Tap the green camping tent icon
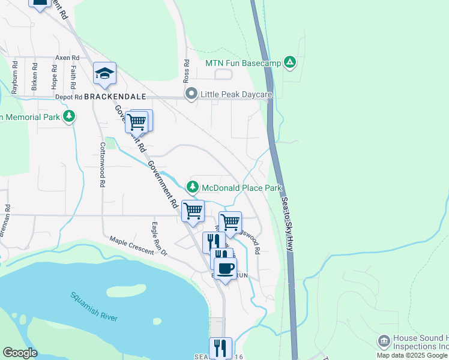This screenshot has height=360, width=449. click(290, 62)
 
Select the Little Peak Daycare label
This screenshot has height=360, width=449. click(237, 94)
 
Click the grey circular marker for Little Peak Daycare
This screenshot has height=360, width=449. click(191, 94)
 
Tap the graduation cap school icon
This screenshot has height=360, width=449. click(104, 73)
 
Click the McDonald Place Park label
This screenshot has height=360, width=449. click(241, 188)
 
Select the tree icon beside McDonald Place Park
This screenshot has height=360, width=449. click(193, 187)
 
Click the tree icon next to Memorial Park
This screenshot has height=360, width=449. click(70, 116)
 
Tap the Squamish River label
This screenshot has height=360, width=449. click(94, 306)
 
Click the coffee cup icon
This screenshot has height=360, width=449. click(225, 269)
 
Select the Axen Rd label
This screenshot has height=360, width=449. click(67, 58)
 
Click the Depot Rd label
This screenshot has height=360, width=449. click(69, 97)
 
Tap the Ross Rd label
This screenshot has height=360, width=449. click(187, 71)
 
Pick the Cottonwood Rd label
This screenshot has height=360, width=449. click(103, 163)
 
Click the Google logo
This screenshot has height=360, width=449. click(20, 353)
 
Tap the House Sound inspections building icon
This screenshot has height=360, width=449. click(383, 341)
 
